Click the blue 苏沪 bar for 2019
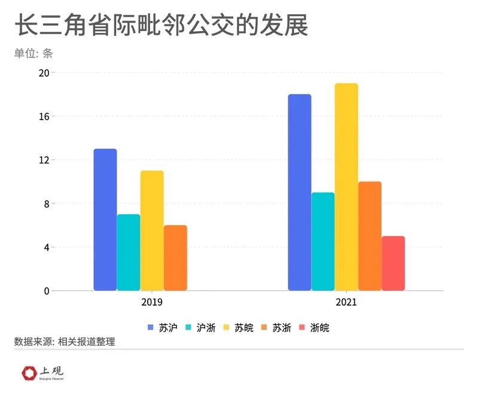click(x=105, y=220)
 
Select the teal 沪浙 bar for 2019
click(x=129, y=252)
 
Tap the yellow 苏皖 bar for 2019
click(x=152, y=231)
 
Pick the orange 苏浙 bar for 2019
click(x=175, y=258)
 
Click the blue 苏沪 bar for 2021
click(x=300, y=193)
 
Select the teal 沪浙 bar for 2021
click(x=323, y=242)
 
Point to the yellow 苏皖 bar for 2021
click(x=346, y=187)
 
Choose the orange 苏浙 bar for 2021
click(x=370, y=236)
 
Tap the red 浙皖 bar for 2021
click(x=393, y=263)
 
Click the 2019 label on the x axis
click(x=152, y=302)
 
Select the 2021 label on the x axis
click(x=346, y=302)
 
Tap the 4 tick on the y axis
click(x=46, y=247)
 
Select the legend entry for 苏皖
click(x=239, y=328)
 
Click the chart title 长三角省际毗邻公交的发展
click(x=161, y=27)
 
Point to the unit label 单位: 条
click(x=34, y=53)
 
